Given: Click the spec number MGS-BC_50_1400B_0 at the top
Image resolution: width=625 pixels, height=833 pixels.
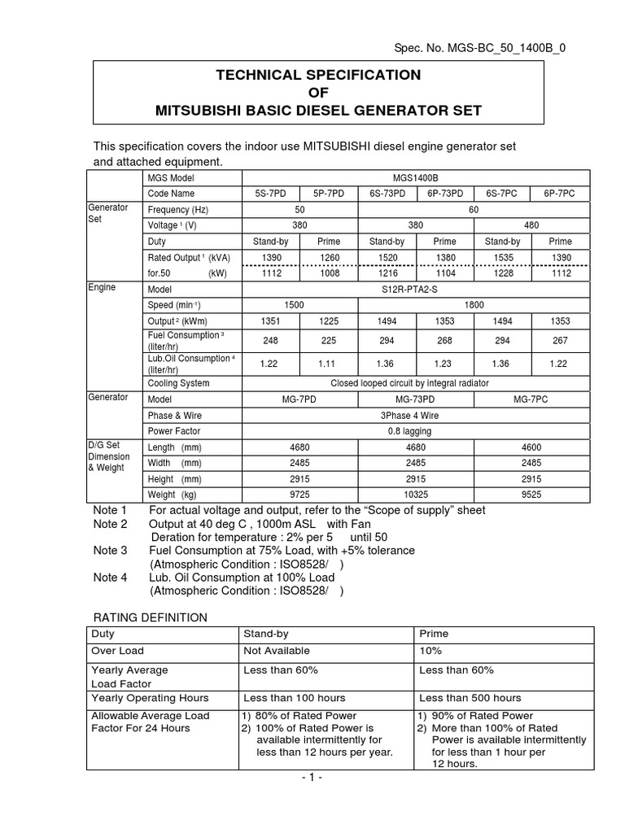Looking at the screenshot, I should click(x=509, y=47).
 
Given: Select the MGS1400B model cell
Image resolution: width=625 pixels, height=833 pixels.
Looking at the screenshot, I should click(x=416, y=177).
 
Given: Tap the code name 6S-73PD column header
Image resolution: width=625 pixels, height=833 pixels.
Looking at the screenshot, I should click(x=387, y=194).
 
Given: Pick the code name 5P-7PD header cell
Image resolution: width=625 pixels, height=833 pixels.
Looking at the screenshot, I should click(x=329, y=194).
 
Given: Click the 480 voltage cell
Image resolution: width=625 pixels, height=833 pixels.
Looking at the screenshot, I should click(x=531, y=225).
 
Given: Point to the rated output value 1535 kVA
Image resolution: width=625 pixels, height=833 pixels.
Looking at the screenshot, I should click(x=502, y=258).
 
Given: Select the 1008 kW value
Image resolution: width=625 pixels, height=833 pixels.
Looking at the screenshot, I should click(x=329, y=274).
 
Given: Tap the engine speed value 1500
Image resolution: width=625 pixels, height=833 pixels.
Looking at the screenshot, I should click(x=300, y=305).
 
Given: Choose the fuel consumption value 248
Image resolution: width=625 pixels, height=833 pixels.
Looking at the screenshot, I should click(x=271, y=341).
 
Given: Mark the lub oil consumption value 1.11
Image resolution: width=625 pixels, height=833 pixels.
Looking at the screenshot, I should click(x=329, y=364).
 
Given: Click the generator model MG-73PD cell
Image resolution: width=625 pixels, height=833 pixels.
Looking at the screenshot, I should click(x=416, y=399).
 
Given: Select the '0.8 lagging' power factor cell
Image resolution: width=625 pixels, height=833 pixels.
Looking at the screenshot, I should click(x=416, y=431).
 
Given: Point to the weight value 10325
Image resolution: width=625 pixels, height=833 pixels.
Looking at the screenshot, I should click(x=416, y=495).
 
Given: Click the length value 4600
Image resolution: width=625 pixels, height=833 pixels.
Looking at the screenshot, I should click(x=531, y=447).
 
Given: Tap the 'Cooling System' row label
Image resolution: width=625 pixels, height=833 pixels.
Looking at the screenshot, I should click(x=178, y=383).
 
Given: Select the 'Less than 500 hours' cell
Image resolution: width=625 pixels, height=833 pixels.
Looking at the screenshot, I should click(x=470, y=698).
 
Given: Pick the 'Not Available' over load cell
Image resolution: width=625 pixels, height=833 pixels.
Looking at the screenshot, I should click(x=277, y=651).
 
